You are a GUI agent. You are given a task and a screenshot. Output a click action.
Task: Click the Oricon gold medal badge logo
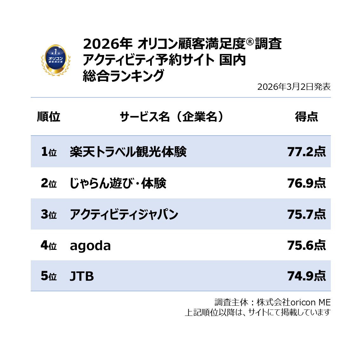pos(56,59)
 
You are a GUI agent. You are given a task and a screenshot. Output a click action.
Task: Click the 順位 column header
pos(49,117)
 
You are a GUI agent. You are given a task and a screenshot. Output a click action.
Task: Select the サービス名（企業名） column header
pos(172,117)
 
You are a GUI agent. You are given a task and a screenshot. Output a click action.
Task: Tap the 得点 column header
pos(306,117)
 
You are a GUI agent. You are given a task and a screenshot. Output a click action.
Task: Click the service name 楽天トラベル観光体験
pos(128,152)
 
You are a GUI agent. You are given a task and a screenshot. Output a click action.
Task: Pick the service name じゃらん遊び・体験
pos(118,183)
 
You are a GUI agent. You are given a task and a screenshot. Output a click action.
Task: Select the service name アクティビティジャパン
pos(124,214)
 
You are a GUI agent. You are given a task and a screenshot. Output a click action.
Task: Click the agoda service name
pos(90,245)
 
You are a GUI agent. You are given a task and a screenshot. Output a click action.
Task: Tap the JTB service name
pos(82,276)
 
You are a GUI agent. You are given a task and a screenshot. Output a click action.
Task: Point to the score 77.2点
pos(306,152)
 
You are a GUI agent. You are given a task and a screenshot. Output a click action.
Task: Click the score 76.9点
pos(306,183)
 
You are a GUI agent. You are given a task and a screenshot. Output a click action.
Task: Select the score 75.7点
pos(306,214)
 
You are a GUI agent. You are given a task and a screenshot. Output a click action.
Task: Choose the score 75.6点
pos(306,245)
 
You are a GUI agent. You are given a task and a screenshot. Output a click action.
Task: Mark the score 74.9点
pos(306,276)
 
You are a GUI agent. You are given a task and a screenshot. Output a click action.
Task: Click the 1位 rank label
pos(49,152)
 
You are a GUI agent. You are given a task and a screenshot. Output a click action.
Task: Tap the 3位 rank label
pos(49,214)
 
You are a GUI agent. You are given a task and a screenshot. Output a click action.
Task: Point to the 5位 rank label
pos(49,276)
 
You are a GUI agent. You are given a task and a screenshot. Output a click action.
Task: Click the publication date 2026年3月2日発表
pos(294,87)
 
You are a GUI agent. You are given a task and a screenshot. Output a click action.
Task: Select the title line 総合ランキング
pos(123,76)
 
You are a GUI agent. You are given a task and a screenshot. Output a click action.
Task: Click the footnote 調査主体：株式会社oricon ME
pos(273,302)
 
